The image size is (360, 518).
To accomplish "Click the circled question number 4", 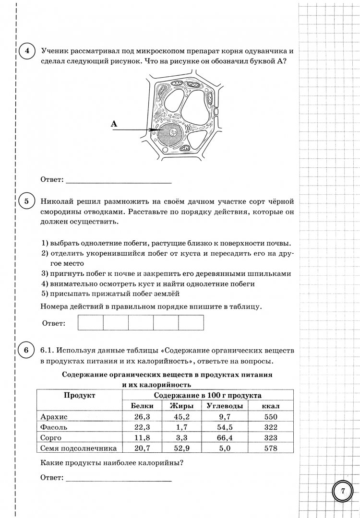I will coord(27,51).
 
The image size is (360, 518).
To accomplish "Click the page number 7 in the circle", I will coord(343,490).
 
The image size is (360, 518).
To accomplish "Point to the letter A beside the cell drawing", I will coord(114,124).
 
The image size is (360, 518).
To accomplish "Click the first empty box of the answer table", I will coord(91,322).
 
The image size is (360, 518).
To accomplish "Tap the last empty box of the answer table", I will coord(191,322).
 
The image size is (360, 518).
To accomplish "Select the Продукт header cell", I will coord(79,396).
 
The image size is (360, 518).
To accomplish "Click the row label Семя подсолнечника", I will coord(78,448).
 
